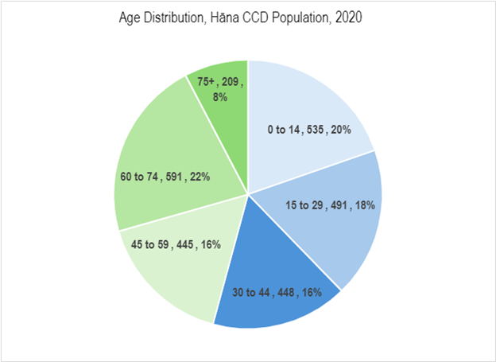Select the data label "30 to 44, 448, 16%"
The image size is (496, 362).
tap(277, 292)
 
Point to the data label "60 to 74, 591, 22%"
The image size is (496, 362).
tap(165, 177)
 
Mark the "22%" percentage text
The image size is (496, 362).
tap(198, 177)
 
